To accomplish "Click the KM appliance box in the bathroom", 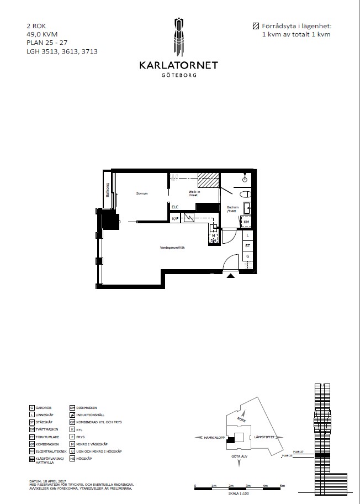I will click(247, 222).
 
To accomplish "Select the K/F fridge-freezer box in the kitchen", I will click(175, 218).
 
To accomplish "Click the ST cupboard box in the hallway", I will click(248, 245).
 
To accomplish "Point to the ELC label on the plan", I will click(175, 207).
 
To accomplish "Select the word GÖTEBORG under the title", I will click(178, 75).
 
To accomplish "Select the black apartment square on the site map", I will click(231, 439).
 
